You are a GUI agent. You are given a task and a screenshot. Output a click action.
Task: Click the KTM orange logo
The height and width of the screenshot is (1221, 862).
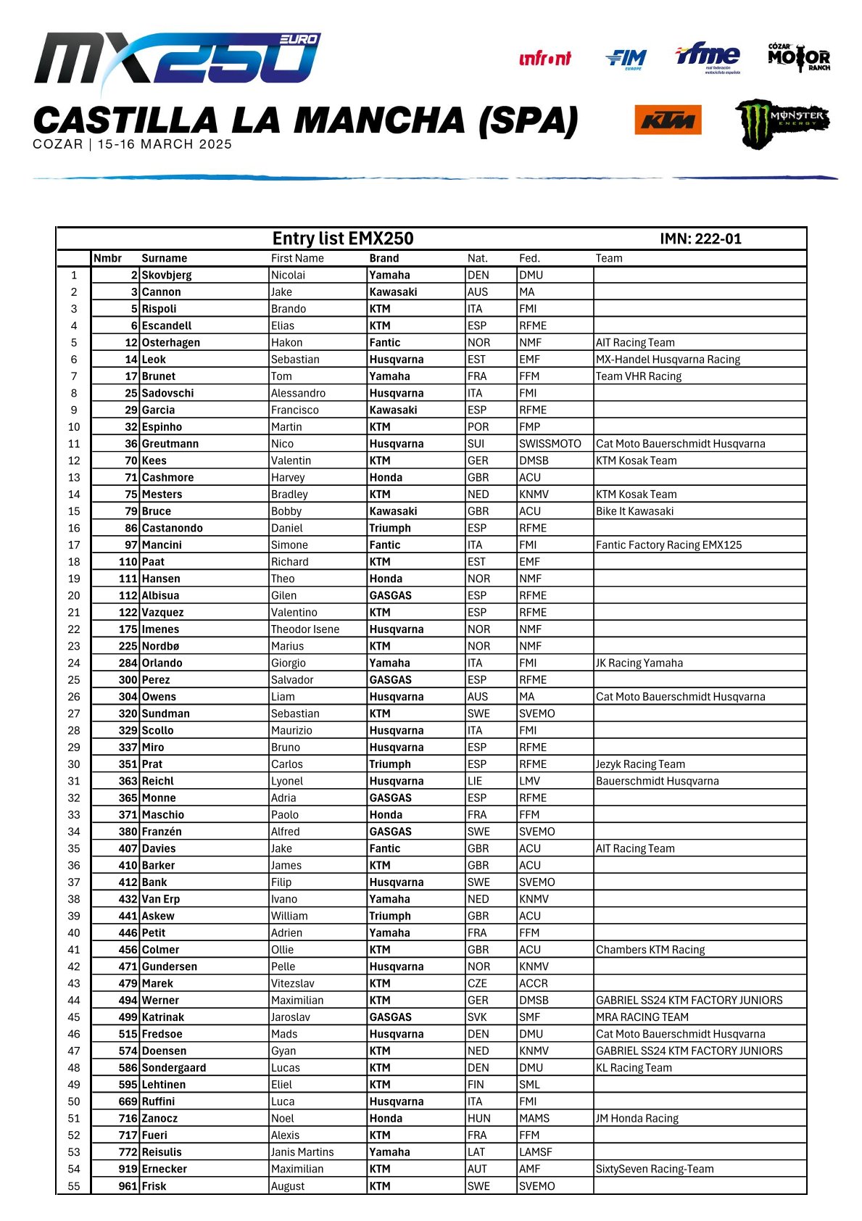[x=668, y=120]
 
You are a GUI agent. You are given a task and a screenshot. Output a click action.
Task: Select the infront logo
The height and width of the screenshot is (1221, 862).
[x=545, y=59]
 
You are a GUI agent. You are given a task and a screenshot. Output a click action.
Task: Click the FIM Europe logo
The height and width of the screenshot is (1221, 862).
[x=626, y=59]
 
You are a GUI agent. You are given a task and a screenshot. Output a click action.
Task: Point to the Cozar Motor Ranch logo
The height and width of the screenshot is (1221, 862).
[x=799, y=57]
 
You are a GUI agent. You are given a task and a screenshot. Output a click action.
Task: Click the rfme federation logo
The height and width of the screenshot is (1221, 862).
[x=708, y=57]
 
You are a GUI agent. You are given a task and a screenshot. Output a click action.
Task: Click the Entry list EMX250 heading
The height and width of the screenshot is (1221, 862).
[x=343, y=239]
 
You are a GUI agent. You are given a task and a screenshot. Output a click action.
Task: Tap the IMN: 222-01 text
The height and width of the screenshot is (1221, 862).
[x=700, y=239]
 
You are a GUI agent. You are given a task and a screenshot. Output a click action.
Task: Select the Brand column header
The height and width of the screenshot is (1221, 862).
[x=384, y=258]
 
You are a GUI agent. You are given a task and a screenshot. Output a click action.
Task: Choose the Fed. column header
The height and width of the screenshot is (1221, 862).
[x=529, y=258]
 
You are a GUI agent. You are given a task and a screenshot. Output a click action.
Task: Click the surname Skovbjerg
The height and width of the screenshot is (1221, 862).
[x=167, y=276]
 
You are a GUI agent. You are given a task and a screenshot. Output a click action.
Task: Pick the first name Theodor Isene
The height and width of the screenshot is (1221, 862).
[x=305, y=629]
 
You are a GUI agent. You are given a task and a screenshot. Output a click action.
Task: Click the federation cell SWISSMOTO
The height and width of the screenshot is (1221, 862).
[x=550, y=444]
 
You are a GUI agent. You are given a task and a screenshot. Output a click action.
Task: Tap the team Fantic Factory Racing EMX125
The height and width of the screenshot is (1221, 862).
[x=668, y=545]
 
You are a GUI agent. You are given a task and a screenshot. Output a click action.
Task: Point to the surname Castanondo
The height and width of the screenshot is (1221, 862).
[x=173, y=529]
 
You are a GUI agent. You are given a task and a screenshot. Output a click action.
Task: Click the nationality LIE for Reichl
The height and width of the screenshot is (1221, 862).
[x=476, y=781]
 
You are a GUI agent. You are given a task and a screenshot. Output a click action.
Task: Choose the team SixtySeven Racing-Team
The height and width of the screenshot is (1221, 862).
[x=655, y=1169]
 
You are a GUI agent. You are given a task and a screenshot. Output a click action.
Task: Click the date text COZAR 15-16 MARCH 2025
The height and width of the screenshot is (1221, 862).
[x=133, y=144]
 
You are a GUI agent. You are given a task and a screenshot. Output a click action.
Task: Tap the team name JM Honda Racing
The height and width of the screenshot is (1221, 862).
[x=637, y=1118]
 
